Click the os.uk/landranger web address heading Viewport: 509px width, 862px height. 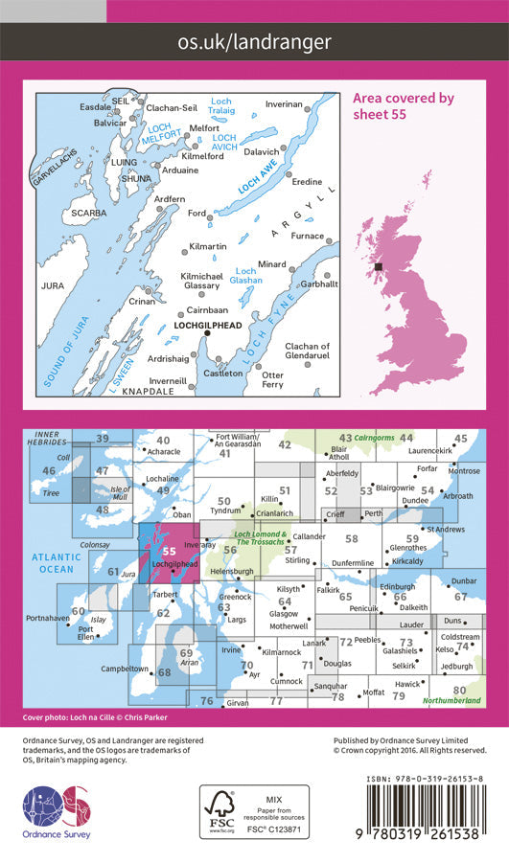[x=254, y=41]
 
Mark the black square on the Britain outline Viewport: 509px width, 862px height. [x=380, y=267]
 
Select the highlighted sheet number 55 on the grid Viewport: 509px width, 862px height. [x=169, y=551]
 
